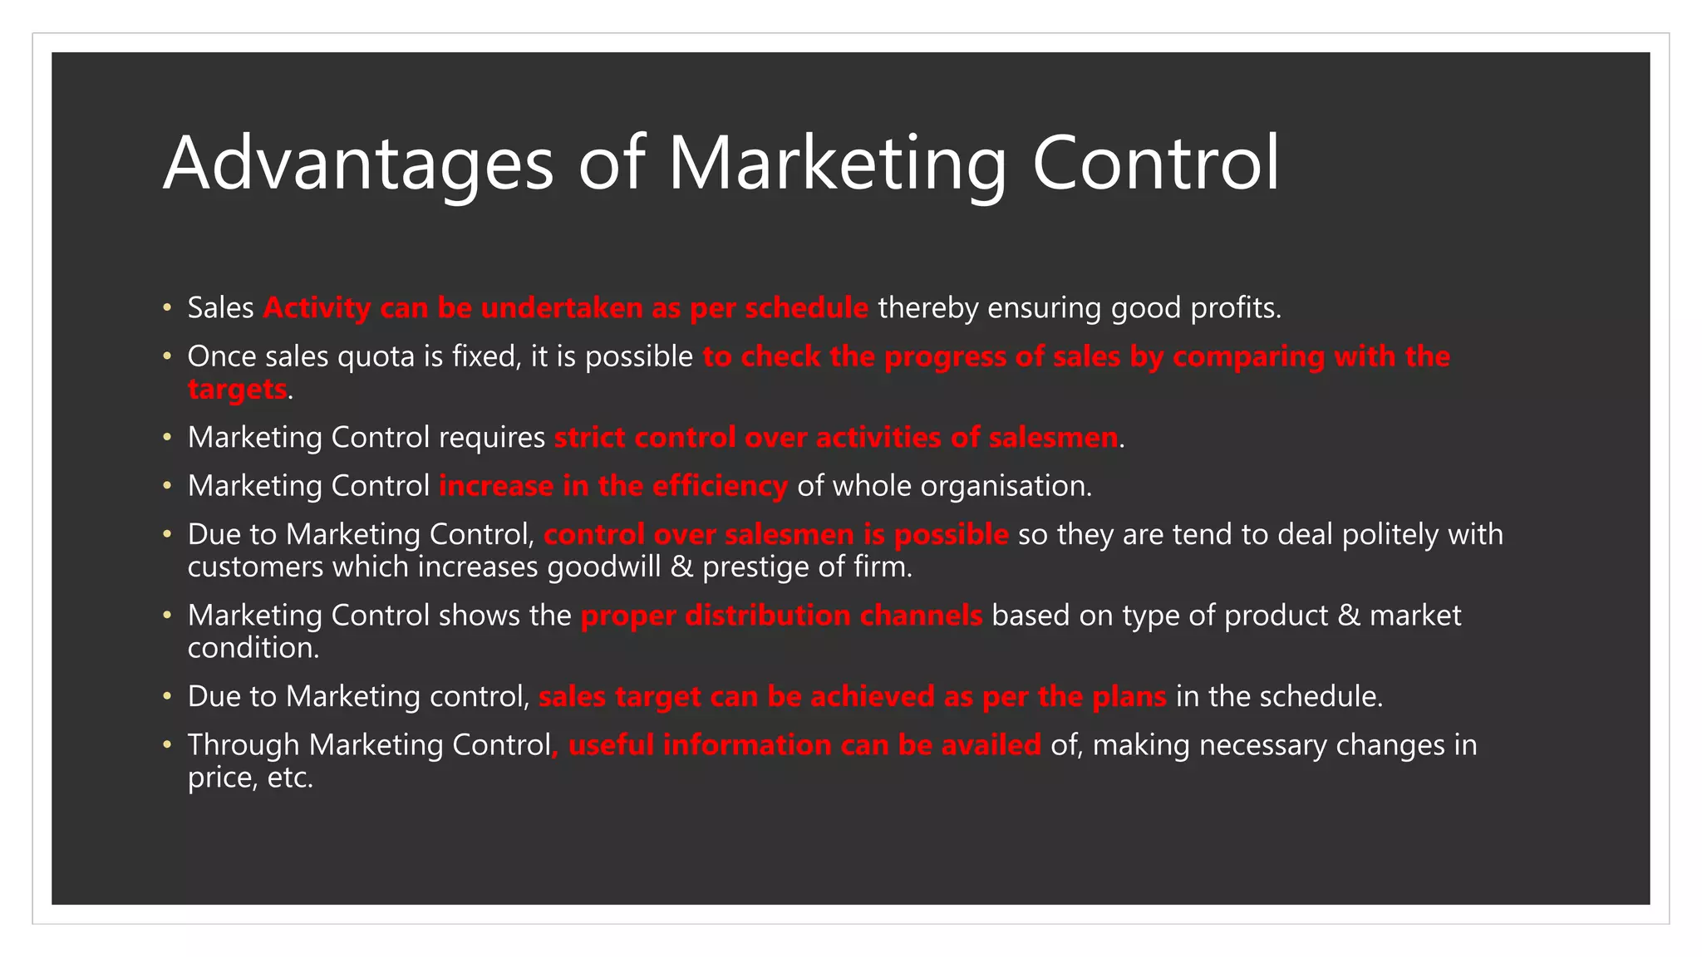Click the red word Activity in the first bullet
coord(317,308)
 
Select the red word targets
coord(237,389)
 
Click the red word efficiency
coord(720,486)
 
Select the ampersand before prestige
coord(681,567)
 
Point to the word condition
coord(253,648)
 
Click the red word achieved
coord(872,696)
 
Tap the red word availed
coord(991,745)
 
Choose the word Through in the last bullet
coord(243,745)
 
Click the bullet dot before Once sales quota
coord(167,356)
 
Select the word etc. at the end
coord(290,778)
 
